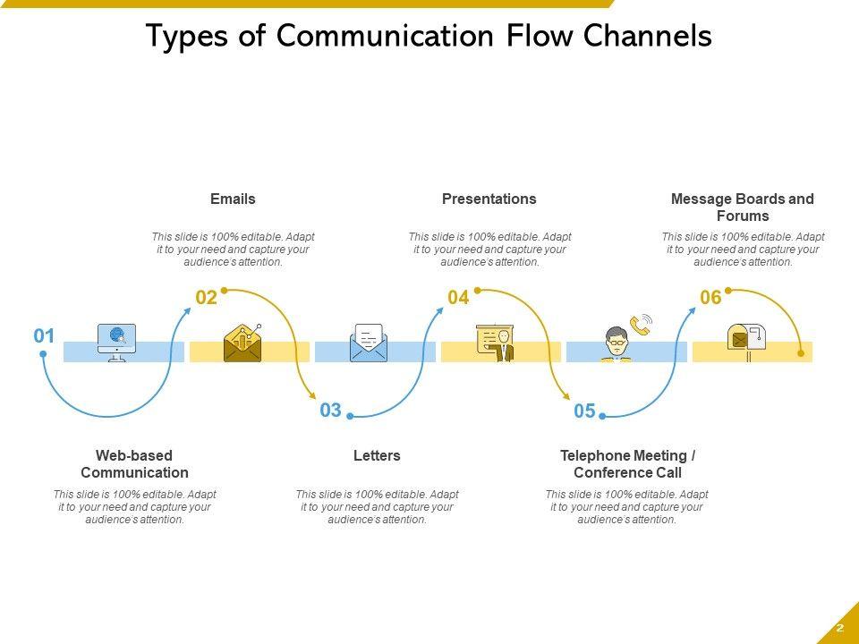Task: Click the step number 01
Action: (45, 336)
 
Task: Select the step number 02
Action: (207, 299)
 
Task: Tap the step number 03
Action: (331, 411)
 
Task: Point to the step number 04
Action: (458, 298)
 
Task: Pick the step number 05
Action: (584, 411)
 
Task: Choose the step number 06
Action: (710, 298)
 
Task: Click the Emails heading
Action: (233, 199)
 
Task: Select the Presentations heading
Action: (489, 199)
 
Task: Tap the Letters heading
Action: (377, 455)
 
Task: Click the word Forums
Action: (743, 216)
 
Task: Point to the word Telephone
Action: (594, 455)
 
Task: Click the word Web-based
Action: (134, 455)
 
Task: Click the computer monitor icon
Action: (116, 343)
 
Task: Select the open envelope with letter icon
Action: (369, 343)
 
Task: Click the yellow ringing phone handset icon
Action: (641, 324)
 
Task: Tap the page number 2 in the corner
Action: (840, 628)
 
